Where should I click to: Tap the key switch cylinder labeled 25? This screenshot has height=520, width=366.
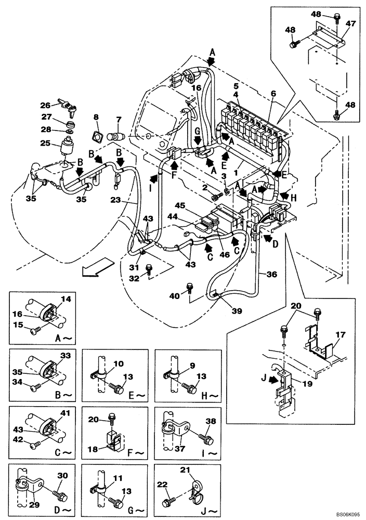pos(67,147)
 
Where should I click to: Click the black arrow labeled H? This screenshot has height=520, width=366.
pos(284,196)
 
